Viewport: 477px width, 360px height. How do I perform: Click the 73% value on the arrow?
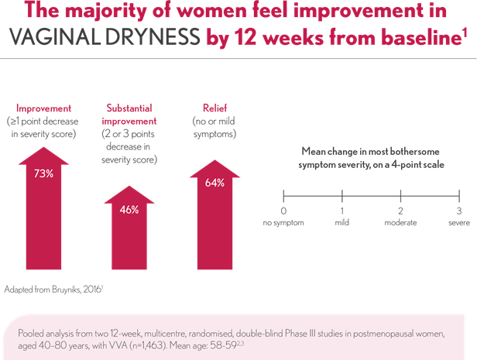pos(43,173)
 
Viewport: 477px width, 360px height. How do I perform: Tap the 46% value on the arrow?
pos(129,209)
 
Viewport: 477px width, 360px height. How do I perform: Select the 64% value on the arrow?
pos(215,183)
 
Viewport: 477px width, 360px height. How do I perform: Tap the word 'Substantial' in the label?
pos(129,109)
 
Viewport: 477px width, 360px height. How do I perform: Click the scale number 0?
pos(283,211)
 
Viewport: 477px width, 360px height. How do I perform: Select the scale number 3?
pos(459,211)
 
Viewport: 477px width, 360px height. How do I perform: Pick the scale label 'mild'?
pos(342,222)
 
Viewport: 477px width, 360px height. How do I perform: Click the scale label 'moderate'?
pos(401,222)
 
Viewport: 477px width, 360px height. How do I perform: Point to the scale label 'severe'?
pos(458,222)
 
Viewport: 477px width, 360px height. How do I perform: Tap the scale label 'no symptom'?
pos(283,222)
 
